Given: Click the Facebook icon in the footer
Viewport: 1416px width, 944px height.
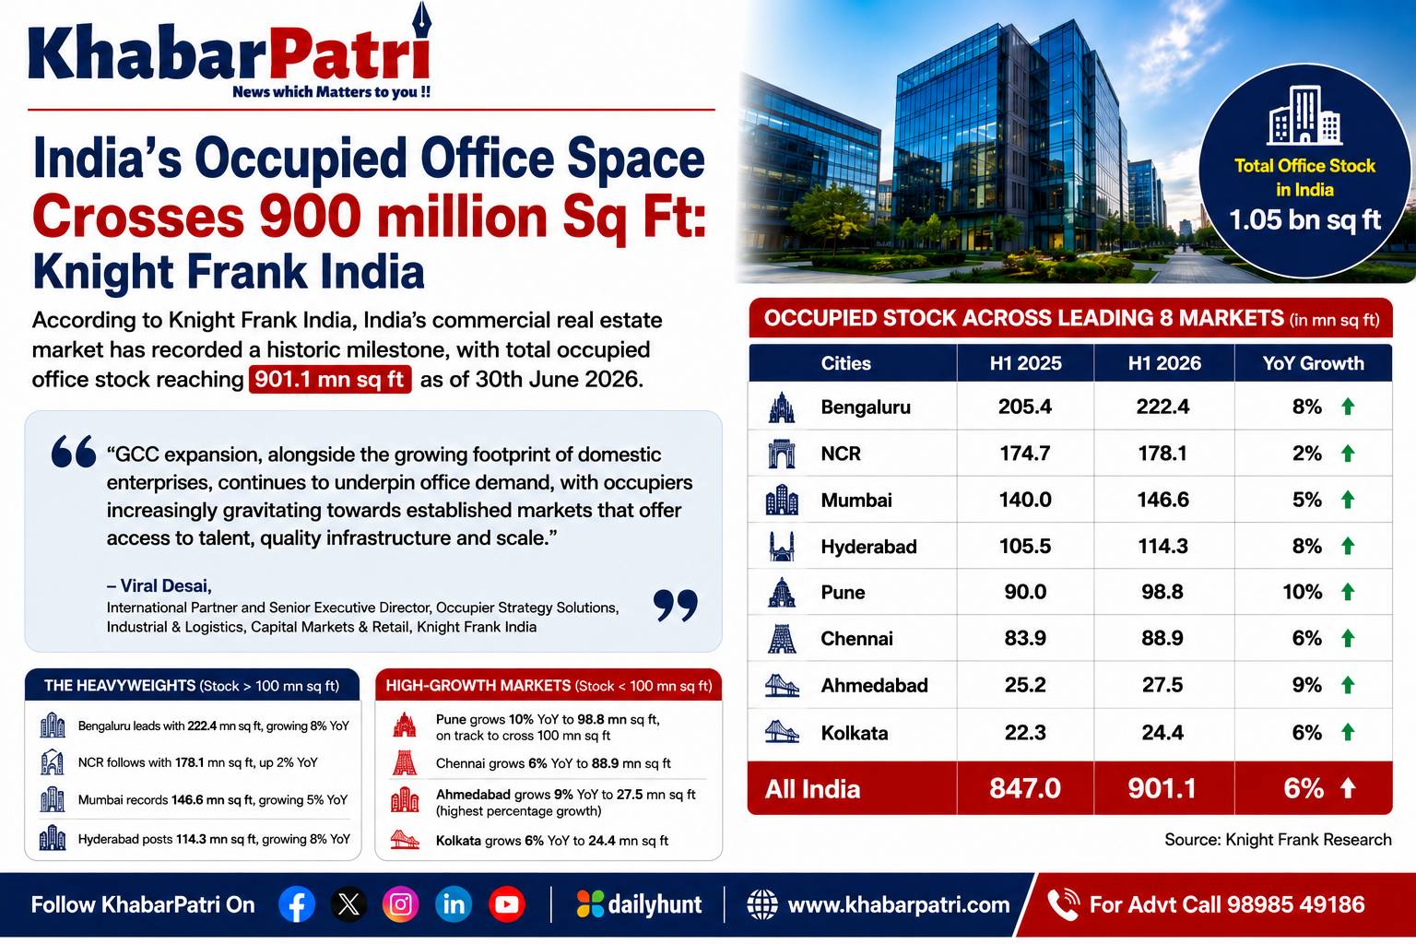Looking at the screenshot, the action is pyautogui.click(x=297, y=904).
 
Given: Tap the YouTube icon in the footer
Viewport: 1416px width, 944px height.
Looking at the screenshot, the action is pyautogui.click(x=506, y=904).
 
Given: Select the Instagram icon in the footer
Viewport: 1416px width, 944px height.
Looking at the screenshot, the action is pyautogui.click(x=401, y=904).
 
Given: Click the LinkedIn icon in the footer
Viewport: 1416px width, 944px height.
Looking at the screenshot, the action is pyautogui.click(x=454, y=904).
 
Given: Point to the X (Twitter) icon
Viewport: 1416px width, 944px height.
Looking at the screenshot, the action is pyautogui.click(x=348, y=904).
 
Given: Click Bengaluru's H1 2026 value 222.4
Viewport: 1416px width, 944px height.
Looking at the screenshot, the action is pyautogui.click(x=1162, y=407).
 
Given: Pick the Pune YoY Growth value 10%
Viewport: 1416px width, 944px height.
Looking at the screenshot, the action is pyautogui.click(x=1303, y=592).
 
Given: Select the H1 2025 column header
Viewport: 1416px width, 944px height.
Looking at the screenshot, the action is pyautogui.click(x=1025, y=363).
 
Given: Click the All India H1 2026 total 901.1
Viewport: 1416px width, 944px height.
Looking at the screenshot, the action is pyautogui.click(x=1162, y=788).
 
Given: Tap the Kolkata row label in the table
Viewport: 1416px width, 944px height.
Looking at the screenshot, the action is pyautogui.click(x=854, y=733).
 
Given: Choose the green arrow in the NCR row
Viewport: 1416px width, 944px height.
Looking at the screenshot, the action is pyautogui.click(x=1348, y=454).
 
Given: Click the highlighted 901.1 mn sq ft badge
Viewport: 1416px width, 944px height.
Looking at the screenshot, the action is pyautogui.click(x=330, y=380).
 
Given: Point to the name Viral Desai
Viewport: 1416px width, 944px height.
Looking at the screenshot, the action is pyautogui.click(x=164, y=585).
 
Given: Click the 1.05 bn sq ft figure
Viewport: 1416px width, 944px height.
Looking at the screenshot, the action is pyautogui.click(x=1304, y=220).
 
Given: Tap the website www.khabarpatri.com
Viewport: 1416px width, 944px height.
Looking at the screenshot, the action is pyautogui.click(x=898, y=904).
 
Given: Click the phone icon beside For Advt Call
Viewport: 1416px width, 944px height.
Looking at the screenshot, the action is pyautogui.click(x=1063, y=904).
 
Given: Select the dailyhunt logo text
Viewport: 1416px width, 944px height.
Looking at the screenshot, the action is pyautogui.click(x=655, y=904).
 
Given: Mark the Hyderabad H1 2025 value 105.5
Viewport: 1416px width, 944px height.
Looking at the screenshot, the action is pyautogui.click(x=1025, y=546).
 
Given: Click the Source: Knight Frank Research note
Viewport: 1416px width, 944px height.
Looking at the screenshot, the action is pyautogui.click(x=1279, y=840).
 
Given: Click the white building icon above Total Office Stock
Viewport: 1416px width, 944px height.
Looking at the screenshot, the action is pyautogui.click(x=1304, y=116).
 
